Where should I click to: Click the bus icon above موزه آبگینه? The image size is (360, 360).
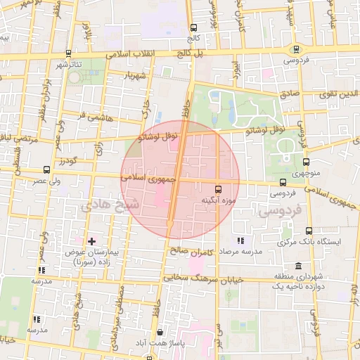[x=218, y=189]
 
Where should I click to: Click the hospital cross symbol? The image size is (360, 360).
[x=91, y=241]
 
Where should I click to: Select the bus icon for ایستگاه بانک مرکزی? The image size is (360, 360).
[x=309, y=231]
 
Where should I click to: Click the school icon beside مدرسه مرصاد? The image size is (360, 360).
[x=240, y=240]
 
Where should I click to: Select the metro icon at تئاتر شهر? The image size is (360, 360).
[x=67, y=53]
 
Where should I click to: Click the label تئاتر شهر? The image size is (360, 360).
[x=68, y=65]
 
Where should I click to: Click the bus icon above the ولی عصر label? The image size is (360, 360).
[x=46, y=169]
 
